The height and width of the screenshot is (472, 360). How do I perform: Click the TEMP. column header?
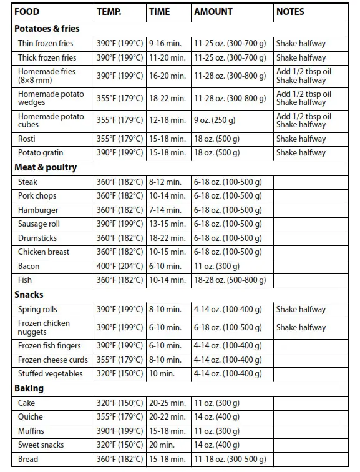109,12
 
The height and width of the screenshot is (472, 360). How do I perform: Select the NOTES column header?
290,12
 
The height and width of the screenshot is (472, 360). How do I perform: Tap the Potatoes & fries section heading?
47,29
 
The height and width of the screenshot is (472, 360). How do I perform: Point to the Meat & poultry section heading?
46,167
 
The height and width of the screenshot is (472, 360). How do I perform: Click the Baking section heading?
29,388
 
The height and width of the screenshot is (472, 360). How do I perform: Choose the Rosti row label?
27,139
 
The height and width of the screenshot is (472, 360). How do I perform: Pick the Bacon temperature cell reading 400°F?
120,266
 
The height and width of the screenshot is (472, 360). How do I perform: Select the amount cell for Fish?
228,280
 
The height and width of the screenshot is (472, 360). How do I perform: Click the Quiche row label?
30,416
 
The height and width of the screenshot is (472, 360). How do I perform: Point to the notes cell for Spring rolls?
301,309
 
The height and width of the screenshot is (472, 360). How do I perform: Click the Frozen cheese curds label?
53,360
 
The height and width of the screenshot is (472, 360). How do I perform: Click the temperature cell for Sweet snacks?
120,445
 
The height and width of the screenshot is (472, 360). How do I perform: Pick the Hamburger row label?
38,210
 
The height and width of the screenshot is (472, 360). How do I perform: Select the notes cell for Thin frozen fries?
301,44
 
